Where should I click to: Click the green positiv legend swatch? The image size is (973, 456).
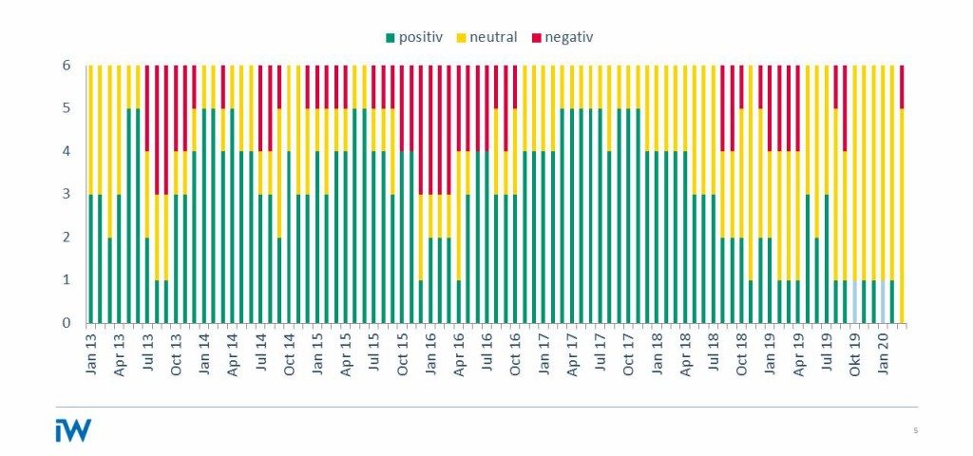pos(391,38)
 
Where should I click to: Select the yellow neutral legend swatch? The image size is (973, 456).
pos(463,38)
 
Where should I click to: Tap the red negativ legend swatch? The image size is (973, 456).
pos(537,38)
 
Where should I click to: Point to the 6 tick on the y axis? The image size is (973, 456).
pos(67,66)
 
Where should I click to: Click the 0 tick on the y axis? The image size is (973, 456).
pos(67,323)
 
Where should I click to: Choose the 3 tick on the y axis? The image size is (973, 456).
pos(67,194)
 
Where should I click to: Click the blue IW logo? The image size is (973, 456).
pos(73,430)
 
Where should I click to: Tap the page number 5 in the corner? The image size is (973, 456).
pos(915,430)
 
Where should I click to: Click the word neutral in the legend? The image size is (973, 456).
pos(494,37)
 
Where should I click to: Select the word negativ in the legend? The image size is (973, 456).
pos(570,37)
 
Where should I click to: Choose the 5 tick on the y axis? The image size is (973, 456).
pos(67,108)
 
